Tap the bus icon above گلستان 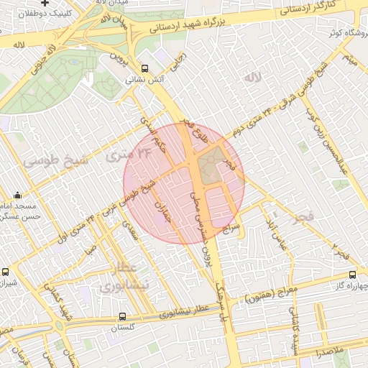tap(121, 316)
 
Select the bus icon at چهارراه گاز tap(351, 274)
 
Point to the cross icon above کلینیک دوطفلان tap(45, 3)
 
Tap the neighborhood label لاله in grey tap(250, 77)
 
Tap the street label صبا tap(88, 252)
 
